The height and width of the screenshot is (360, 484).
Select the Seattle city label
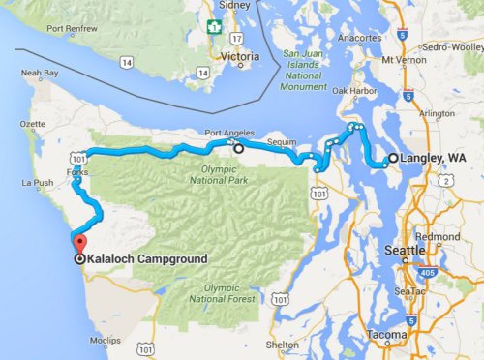[x=406, y=251]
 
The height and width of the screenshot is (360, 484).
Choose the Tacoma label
[x=388, y=335]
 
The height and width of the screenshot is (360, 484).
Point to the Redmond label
[x=437, y=237]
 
